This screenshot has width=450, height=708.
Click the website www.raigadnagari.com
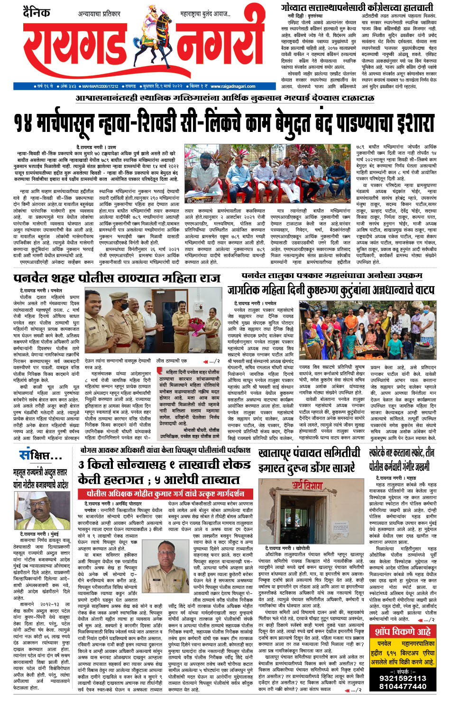click(233, 86)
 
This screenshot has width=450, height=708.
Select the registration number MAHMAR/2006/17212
click(100, 86)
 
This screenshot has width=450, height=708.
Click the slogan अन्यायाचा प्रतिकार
click(100, 14)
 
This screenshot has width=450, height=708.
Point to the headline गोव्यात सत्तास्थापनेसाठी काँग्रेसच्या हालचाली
click(357, 7)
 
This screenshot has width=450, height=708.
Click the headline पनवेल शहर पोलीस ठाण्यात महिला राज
click(117, 278)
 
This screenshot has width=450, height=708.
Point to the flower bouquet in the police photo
click(195, 326)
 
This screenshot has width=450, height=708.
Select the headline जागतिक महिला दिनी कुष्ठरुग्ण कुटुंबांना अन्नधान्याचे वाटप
click(330, 289)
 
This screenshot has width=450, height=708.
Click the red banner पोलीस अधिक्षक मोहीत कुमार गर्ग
click(166, 494)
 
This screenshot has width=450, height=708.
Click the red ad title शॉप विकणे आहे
click(403, 631)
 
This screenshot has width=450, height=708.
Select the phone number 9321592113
click(402, 678)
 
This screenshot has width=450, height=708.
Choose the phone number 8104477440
click(402, 686)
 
